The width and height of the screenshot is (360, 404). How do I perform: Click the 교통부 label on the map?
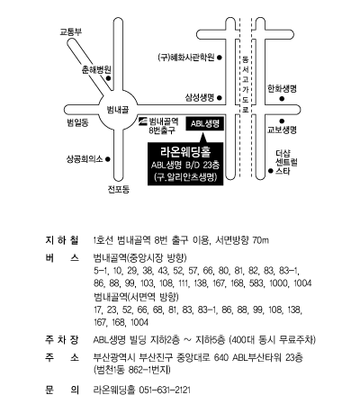tap(71, 31)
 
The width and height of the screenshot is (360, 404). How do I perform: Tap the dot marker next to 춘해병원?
tap(109, 78)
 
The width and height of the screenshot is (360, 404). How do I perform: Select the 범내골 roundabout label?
tap(118, 110)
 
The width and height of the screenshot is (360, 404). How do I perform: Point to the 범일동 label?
tap(77, 122)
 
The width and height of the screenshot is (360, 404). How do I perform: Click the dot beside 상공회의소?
tap(108, 159)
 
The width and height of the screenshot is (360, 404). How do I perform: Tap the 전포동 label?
tap(119, 189)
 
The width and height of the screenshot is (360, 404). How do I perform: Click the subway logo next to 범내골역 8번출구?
tap(143, 121)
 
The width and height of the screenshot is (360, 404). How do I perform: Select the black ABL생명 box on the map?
tap(205, 123)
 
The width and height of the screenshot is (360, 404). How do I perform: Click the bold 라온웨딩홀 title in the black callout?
tap(185, 151)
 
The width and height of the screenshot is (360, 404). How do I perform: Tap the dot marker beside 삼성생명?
tap(220, 97)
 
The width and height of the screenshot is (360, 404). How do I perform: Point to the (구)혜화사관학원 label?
tap(186, 58)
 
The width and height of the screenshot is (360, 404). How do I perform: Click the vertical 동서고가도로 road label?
tap(246, 85)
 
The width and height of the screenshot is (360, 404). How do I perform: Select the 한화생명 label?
tap(282, 89)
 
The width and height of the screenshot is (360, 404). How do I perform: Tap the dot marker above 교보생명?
tap(282, 121)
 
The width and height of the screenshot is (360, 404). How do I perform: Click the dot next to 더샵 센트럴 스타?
tap(271, 171)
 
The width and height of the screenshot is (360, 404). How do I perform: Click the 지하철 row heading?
tap(62, 240)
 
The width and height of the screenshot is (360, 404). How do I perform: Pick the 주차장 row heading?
tap(62, 340)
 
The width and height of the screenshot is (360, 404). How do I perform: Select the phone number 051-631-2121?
tap(165, 390)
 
